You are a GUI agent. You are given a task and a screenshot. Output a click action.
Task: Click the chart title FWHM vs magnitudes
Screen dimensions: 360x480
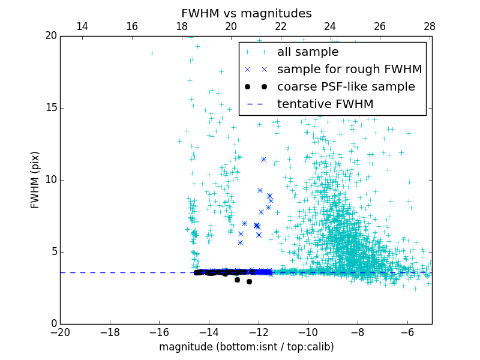point(246,13)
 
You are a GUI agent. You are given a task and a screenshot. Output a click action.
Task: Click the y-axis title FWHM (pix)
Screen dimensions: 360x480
point(35,180)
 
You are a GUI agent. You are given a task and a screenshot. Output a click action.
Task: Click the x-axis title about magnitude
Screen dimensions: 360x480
point(246,347)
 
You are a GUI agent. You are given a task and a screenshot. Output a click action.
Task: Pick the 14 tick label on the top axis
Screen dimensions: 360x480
point(82,26)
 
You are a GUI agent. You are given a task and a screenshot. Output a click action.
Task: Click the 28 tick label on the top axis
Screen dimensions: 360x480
point(429,26)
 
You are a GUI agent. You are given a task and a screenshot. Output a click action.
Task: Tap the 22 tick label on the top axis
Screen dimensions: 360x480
point(281,26)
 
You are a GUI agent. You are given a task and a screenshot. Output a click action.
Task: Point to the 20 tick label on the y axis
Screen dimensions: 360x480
point(50,36)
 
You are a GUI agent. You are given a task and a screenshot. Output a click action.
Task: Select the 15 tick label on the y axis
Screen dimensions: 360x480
point(50,108)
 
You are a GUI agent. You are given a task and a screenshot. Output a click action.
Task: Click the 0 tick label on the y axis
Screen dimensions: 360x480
point(53,324)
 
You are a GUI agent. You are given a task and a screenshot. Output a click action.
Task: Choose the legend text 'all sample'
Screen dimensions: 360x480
point(308,52)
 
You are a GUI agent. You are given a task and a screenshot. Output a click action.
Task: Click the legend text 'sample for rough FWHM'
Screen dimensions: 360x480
point(349,70)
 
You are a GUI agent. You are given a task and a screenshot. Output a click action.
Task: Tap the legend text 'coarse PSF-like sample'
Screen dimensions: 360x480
point(346,87)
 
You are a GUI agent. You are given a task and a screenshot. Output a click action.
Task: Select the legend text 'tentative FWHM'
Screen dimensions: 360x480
point(325,104)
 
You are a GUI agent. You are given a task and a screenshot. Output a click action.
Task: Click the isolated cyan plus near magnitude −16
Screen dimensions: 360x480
point(152,53)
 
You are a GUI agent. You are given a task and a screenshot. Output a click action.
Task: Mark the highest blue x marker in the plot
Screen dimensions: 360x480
point(263,159)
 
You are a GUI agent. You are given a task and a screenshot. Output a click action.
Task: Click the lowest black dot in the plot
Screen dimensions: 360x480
point(249,281)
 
